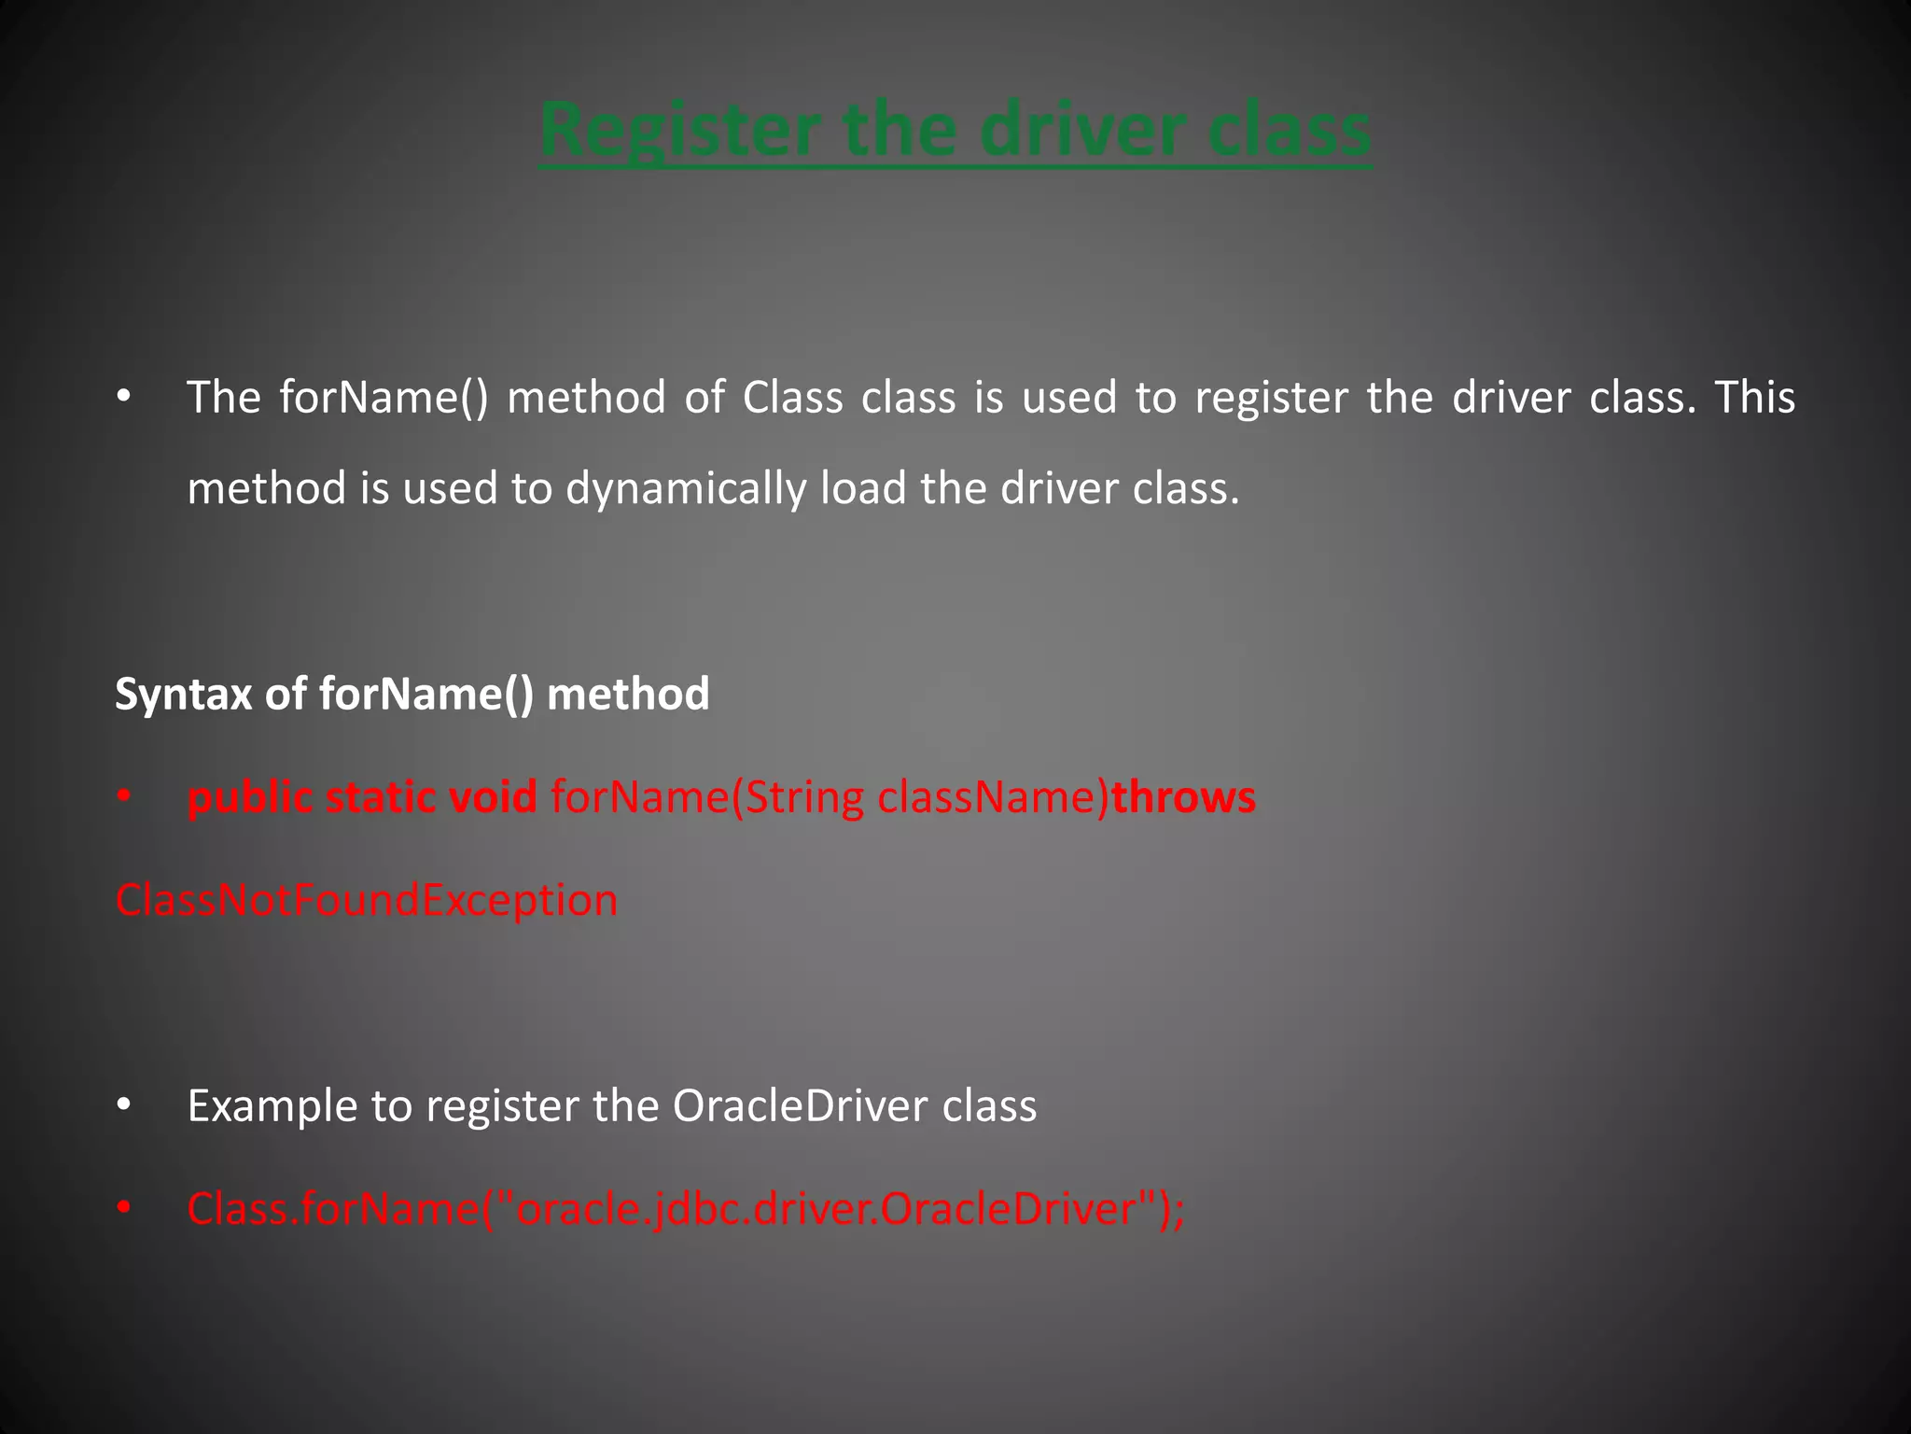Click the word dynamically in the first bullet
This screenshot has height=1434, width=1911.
click(x=686, y=489)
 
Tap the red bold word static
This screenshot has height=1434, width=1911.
click(x=380, y=798)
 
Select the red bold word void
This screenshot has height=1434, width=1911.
click(x=493, y=798)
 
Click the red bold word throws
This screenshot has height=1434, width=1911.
click(x=1183, y=798)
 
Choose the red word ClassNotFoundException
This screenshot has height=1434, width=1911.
click(x=366, y=901)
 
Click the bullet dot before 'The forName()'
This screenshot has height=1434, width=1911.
click(x=124, y=399)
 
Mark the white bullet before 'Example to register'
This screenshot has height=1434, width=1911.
click(x=124, y=1106)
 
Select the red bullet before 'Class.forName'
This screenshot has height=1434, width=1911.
click(x=124, y=1210)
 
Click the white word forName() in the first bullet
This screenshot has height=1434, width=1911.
click(x=384, y=398)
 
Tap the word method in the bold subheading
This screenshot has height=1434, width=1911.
click(x=627, y=695)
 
